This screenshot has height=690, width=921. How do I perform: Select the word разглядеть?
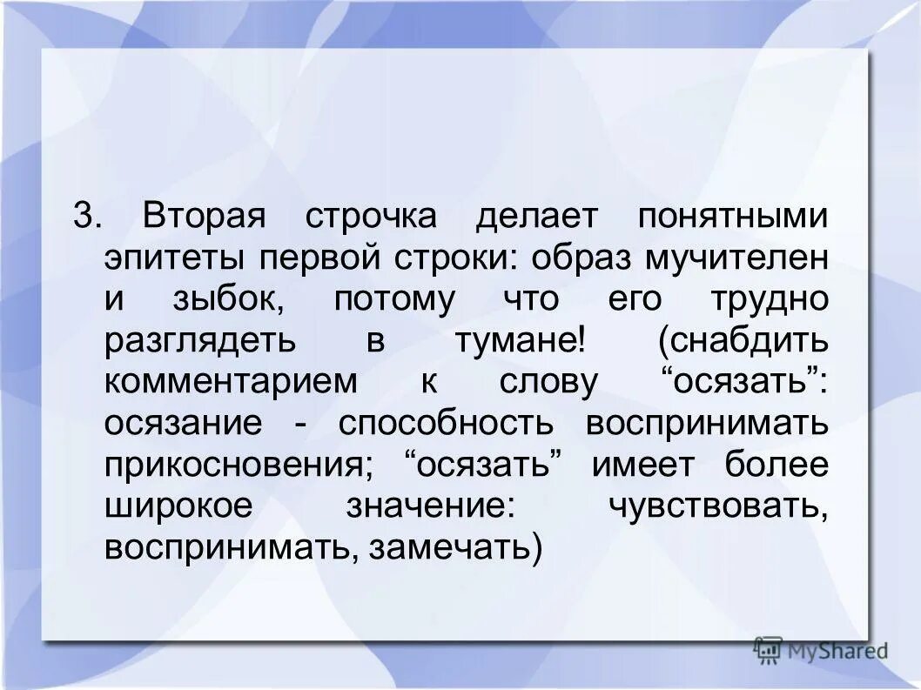click(198, 341)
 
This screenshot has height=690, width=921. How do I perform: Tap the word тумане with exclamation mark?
click(519, 341)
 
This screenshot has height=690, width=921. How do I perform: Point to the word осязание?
click(183, 424)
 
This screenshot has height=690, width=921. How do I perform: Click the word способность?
click(446, 424)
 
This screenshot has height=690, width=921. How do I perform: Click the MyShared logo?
click(821, 649)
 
